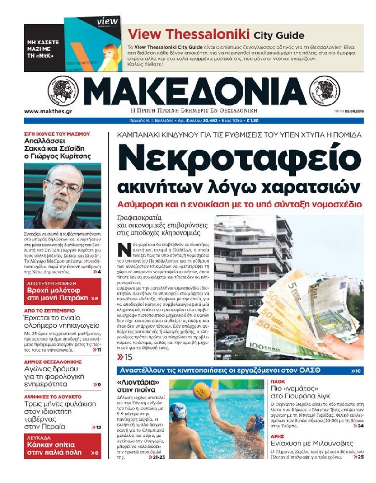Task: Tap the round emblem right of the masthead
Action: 324,91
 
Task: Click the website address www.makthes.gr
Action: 48,111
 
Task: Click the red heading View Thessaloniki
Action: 188,34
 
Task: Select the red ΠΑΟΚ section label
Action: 278,381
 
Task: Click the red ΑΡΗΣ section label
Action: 277,436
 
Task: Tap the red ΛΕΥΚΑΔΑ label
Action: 39,438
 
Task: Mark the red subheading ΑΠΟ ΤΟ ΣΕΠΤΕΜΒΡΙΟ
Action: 49,311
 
